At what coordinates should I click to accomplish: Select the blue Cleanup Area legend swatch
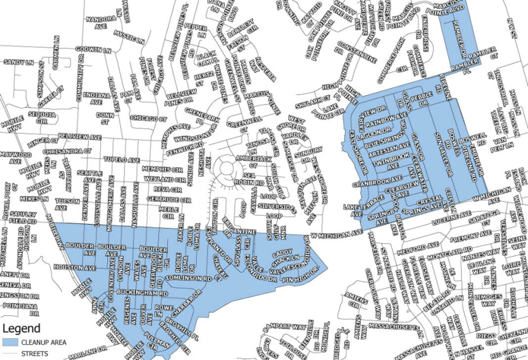pyautogui.click(x=11, y=342)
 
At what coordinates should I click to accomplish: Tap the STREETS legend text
pyautogui.click(x=36, y=355)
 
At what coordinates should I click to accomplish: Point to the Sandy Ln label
pyautogui.click(x=19, y=63)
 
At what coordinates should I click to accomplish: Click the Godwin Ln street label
pyautogui.click(x=93, y=49)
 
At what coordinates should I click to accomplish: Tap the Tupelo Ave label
pyautogui.click(x=118, y=159)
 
